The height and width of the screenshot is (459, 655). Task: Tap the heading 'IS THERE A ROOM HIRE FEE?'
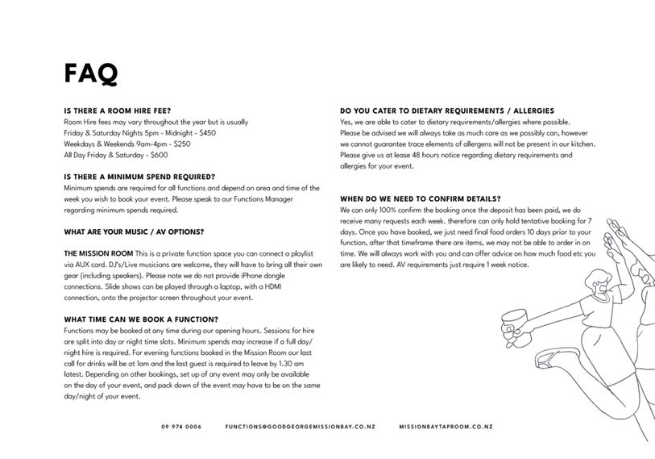click(117, 111)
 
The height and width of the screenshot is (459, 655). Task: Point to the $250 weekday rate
click(181, 144)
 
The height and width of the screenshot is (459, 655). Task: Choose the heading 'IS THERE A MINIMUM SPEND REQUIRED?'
click(139, 177)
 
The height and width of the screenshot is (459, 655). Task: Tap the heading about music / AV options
click(134, 232)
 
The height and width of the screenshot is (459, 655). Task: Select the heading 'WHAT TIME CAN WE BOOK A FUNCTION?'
click(141, 319)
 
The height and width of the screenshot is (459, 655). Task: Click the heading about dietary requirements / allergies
click(447, 111)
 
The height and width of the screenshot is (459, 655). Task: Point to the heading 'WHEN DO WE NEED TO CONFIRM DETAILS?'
click(421, 198)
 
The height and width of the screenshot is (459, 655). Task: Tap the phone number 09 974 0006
click(181, 427)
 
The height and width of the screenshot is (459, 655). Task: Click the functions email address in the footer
click(300, 427)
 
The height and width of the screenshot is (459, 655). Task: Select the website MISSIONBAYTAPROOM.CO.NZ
click(446, 427)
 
